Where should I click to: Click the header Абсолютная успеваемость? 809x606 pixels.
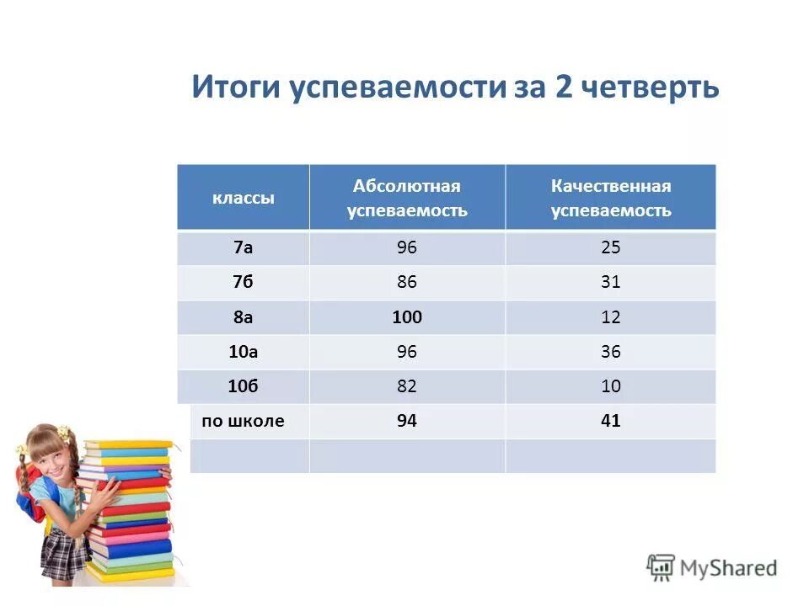coord(407,198)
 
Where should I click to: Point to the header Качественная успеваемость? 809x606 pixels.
coord(611,198)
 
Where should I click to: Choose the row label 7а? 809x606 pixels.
coord(243,247)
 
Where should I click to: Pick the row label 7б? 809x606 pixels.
coord(243,283)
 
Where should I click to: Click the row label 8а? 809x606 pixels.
coord(243,317)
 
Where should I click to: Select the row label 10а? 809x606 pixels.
coord(243,352)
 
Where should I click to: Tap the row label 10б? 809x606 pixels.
coord(243,386)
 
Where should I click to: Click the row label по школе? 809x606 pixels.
coord(243,421)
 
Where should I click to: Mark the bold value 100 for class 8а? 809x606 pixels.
coord(407,317)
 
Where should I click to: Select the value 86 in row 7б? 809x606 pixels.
coord(407,283)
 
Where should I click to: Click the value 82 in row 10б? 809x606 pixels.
coord(407,386)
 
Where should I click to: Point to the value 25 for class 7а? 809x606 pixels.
coord(611,247)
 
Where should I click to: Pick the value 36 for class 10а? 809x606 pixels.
coord(611,352)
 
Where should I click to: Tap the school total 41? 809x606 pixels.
coord(611,421)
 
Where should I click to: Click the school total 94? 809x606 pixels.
coord(407,421)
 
